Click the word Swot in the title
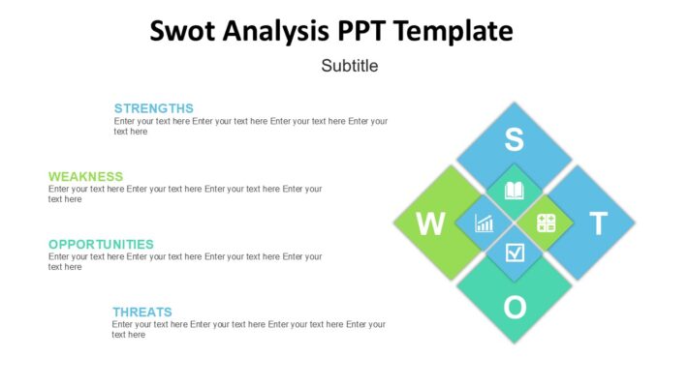182,31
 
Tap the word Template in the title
452,31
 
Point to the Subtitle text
349,67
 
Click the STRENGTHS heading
153,108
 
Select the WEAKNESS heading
85,176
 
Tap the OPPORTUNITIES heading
101,244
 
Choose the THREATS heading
141,312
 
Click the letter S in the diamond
515,141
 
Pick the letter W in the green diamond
430,224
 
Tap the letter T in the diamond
598,224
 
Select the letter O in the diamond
515,308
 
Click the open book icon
515,192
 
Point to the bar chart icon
484,223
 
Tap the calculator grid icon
546,223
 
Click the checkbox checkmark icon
515,253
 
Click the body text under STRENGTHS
250,127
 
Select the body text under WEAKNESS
184,194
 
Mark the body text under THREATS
248,330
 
